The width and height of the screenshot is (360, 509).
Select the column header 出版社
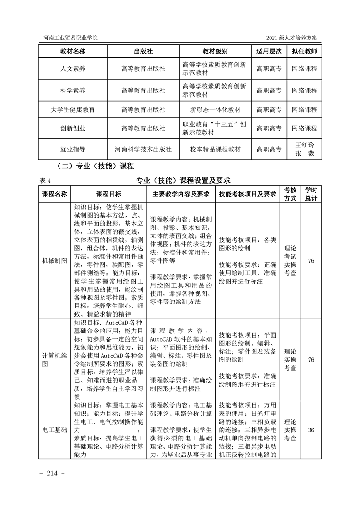[x=143, y=51]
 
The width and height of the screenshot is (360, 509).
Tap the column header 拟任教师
[x=304, y=51]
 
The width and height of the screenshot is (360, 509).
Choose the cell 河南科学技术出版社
[x=143, y=149]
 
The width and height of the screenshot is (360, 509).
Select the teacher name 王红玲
[x=305, y=145]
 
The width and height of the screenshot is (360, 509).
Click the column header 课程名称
[x=54, y=194]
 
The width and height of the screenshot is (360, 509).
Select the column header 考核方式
[x=290, y=194]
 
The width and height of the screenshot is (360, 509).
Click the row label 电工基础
[x=54, y=430]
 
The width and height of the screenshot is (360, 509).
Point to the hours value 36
[x=311, y=430]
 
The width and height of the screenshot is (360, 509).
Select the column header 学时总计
[x=311, y=194]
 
